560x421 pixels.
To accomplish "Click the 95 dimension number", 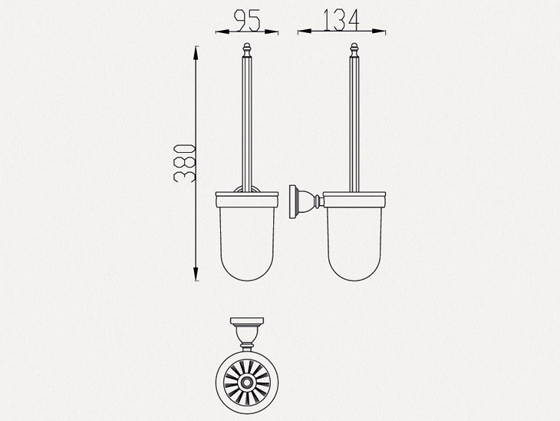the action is pyautogui.click(x=247, y=21).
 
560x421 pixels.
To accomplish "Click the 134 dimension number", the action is pyautogui.click(x=341, y=20).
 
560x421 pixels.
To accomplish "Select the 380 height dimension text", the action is pyautogui.click(x=184, y=163).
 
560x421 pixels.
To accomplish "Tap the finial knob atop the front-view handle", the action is pyautogui.click(x=247, y=48).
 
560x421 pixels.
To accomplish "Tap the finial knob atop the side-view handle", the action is pyautogui.click(x=354, y=48).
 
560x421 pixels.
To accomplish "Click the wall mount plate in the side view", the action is pyautogui.click(x=293, y=201).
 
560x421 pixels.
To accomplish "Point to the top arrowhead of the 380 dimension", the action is pyautogui.click(x=196, y=53).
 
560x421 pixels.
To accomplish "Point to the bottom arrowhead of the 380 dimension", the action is pyautogui.click(x=196, y=273).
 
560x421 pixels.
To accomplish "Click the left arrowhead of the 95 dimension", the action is pyautogui.click(x=222, y=31).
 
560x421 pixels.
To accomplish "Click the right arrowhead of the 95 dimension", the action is pyautogui.click(x=272, y=31).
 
